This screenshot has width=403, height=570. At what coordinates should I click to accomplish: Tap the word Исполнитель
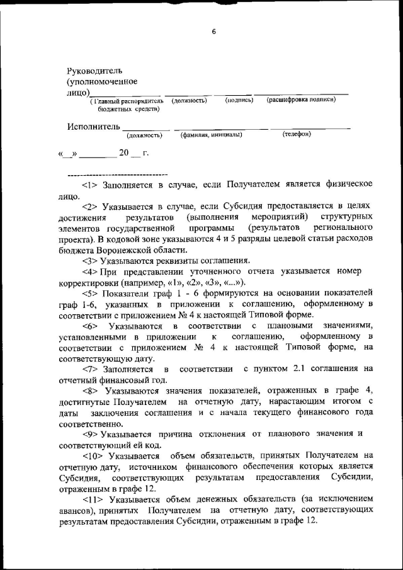point(93,127)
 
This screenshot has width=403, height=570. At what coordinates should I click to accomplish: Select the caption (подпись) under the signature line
point(239,100)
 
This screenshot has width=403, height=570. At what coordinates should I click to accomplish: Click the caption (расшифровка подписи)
point(301,100)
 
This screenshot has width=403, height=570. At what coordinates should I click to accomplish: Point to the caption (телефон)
point(296,134)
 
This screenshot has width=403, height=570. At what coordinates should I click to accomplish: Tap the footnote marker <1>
point(90,184)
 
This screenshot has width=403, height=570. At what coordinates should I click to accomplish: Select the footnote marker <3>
point(90,260)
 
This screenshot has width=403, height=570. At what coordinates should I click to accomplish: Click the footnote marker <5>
point(91,293)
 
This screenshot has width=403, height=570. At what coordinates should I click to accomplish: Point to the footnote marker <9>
point(90,433)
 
